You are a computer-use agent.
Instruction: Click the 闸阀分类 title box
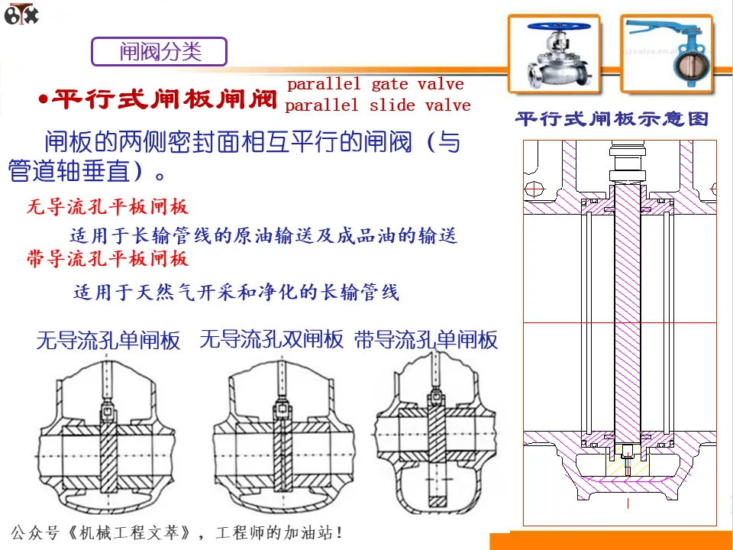click(x=160, y=52)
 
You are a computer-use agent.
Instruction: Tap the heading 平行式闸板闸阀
click(x=166, y=99)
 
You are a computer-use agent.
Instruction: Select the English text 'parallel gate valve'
click(x=375, y=84)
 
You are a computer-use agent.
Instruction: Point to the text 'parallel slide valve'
click(x=377, y=105)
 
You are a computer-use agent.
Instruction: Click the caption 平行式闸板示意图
click(x=612, y=119)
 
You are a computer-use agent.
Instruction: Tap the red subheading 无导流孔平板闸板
click(x=107, y=206)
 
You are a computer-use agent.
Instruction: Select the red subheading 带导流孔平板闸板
click(x=107, y=259)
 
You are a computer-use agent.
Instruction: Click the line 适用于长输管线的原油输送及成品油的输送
click(x=263, y=236)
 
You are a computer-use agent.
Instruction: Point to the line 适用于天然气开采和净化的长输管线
click(x=236, y=292)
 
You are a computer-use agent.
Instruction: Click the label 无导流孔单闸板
click(x=108, y=341)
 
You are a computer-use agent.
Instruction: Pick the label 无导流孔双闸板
click(x=272, y=340)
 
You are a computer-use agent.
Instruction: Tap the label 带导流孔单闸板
click(x=426, y=340)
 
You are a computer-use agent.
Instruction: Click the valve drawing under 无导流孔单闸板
click(x=108, y=439)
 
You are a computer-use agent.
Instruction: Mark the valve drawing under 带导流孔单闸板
click(x=436, y=439)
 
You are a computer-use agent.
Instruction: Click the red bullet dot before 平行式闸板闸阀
click(x=44, y=100)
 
